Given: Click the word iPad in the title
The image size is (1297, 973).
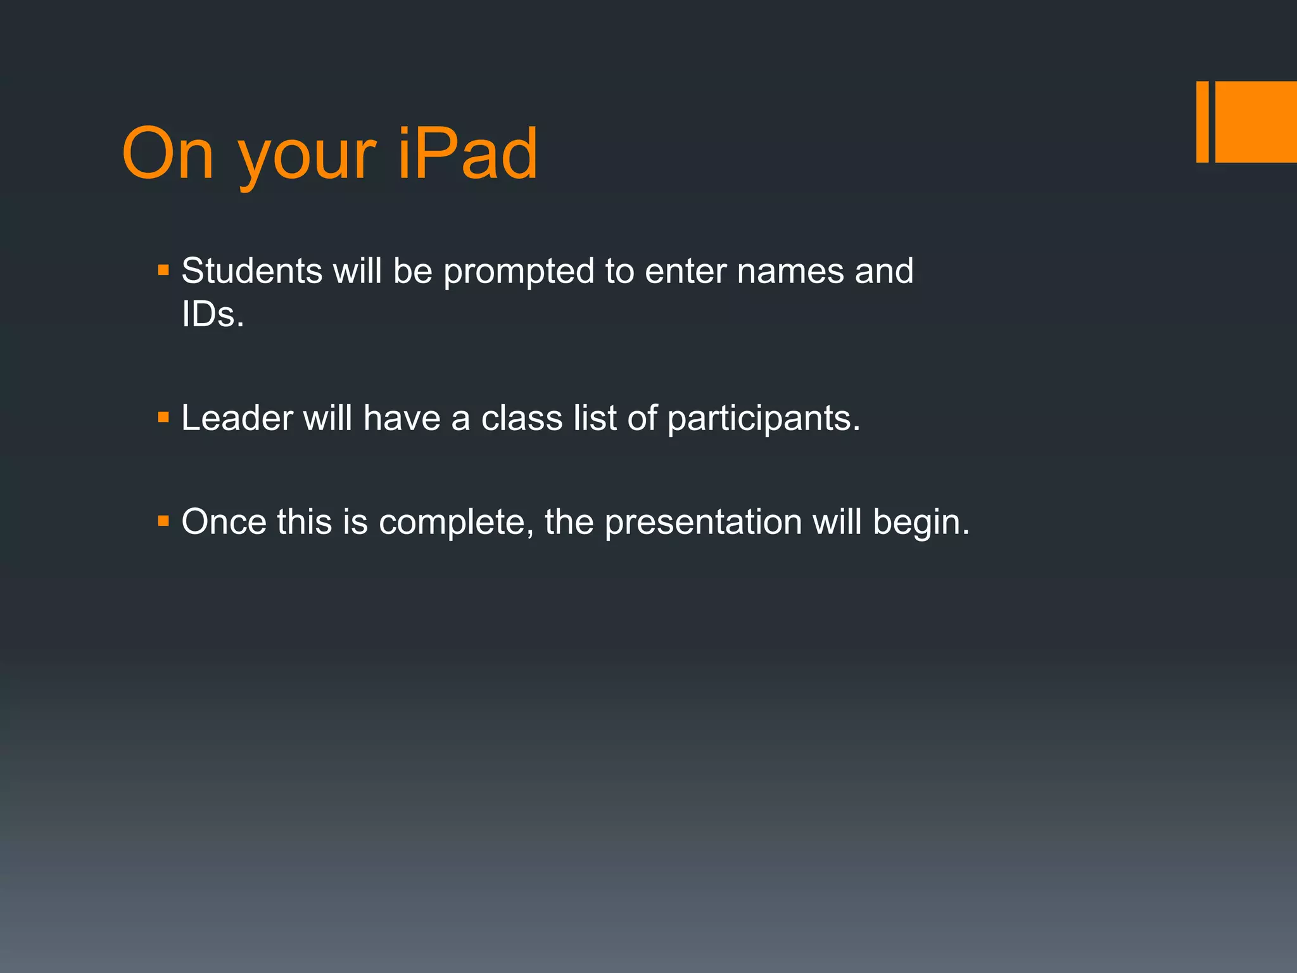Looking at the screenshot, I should [x=467, y=154].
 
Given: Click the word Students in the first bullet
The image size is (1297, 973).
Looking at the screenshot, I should [x=251, y=271].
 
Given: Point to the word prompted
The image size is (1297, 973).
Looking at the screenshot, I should [x=519, y=272].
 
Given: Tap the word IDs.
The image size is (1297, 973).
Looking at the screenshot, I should [x=212, y=314].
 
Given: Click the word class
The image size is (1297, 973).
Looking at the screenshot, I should [x=521, y=418].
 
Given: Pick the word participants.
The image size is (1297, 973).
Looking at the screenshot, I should [x=764, y=419].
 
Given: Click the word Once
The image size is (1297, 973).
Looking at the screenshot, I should [x=224, y=522].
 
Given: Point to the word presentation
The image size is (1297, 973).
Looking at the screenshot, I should [x=703, y=523].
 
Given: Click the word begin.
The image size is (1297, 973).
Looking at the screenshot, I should [x=921, y=523].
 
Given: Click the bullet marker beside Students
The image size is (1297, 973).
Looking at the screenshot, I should [x=163, y=270].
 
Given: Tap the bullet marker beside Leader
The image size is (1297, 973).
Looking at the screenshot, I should [x=163, y=417].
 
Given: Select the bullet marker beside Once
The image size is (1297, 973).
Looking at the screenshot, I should [x=163, y=521].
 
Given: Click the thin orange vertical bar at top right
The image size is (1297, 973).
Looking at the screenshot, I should [x=1202, y=122].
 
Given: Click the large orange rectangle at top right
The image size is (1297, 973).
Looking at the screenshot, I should [x=1255, y=122].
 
